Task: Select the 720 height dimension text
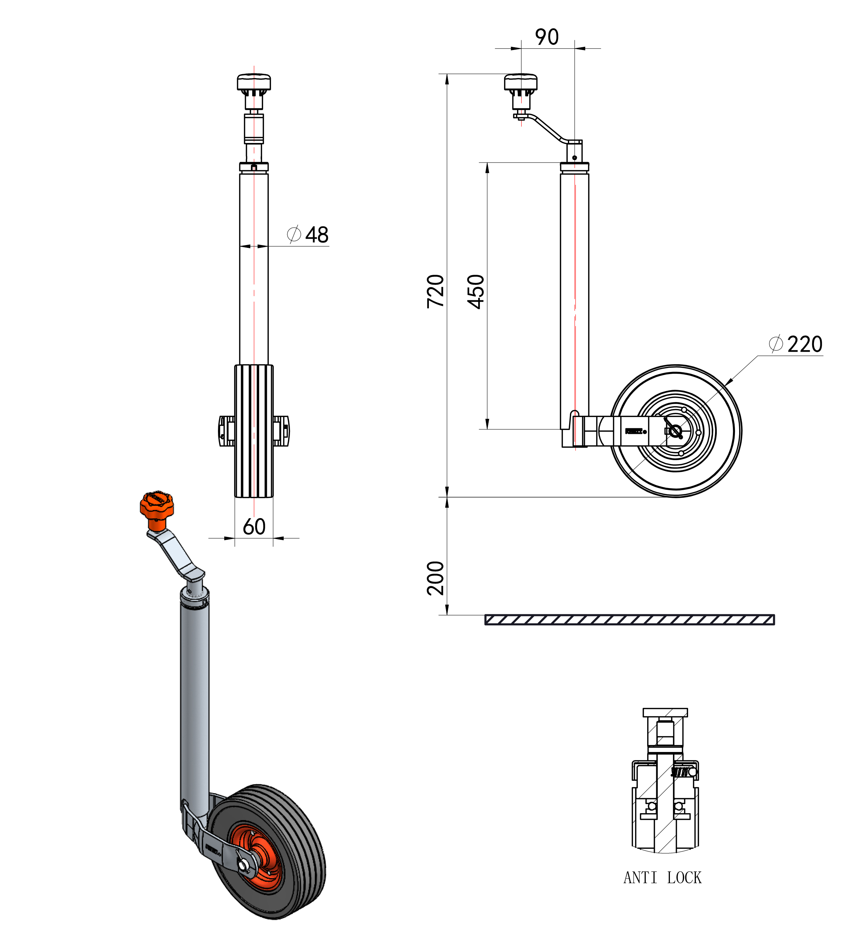click(435, 291)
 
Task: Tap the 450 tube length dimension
click(476, 292)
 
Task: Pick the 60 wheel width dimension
click(254, 526)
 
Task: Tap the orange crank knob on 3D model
click(156, 506)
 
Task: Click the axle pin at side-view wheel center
click(675, 431)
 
